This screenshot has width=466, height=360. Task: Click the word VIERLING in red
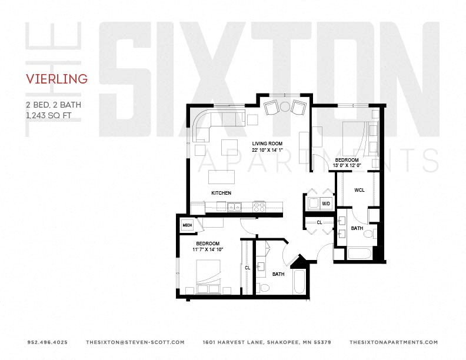(57, 79)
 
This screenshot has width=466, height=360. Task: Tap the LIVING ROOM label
(268, 144)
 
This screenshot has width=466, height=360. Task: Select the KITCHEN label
(221, 193)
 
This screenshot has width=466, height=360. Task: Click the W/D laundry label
(326, 204)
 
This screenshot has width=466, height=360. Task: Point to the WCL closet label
(359, 190)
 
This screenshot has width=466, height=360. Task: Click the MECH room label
(188, 225)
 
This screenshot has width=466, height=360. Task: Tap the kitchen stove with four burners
(259, 206)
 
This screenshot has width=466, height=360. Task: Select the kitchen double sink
(233, 206)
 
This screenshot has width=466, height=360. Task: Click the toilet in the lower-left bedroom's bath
(264, 288)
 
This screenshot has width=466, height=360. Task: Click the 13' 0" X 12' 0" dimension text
(347, 165)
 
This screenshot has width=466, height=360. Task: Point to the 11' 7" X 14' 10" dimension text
(208, 249)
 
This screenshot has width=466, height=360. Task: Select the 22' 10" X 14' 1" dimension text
(268, 149)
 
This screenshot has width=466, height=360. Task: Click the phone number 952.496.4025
(47, 342)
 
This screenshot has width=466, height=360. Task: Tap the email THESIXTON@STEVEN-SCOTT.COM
(135, 342)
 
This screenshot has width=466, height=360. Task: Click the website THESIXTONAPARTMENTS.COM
(394, 342)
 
